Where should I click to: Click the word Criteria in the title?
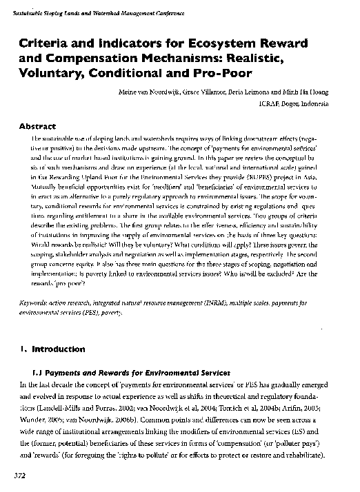pyautogui.click(x=46, y=43)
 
